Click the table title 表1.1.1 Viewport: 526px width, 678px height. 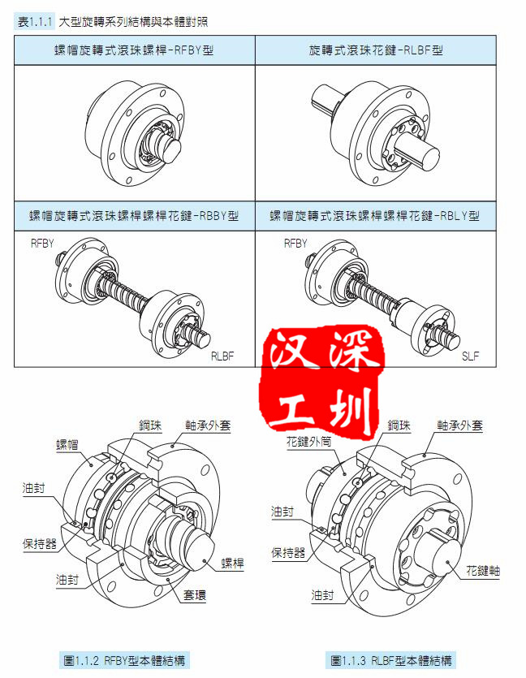[35, 22]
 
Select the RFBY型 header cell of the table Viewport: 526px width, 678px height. [135, 50]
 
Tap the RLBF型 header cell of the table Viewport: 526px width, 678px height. [376, 50]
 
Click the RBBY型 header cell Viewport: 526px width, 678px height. [135, 216]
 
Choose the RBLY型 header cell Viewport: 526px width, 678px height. [376, 216]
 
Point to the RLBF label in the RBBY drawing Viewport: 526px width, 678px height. [222, 356]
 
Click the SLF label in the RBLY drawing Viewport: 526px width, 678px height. [471, 356]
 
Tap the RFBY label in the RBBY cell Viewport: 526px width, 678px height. [42, 244]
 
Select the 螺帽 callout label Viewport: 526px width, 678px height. [67, 445]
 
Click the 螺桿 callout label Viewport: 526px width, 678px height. [232, 563]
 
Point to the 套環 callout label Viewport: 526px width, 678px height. [195, 595]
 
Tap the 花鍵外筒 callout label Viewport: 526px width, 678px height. [308, 442]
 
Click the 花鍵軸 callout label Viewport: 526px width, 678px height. [483, 570]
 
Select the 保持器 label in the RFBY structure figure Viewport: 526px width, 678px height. [39, 543]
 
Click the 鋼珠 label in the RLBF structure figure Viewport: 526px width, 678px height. [399, 425]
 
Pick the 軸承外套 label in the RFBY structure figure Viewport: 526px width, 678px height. [208, 425]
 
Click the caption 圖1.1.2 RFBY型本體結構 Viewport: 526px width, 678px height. [124, 660]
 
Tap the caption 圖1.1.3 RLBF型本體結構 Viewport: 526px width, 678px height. [390, 660]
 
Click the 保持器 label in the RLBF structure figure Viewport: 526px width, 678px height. [288, 552]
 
